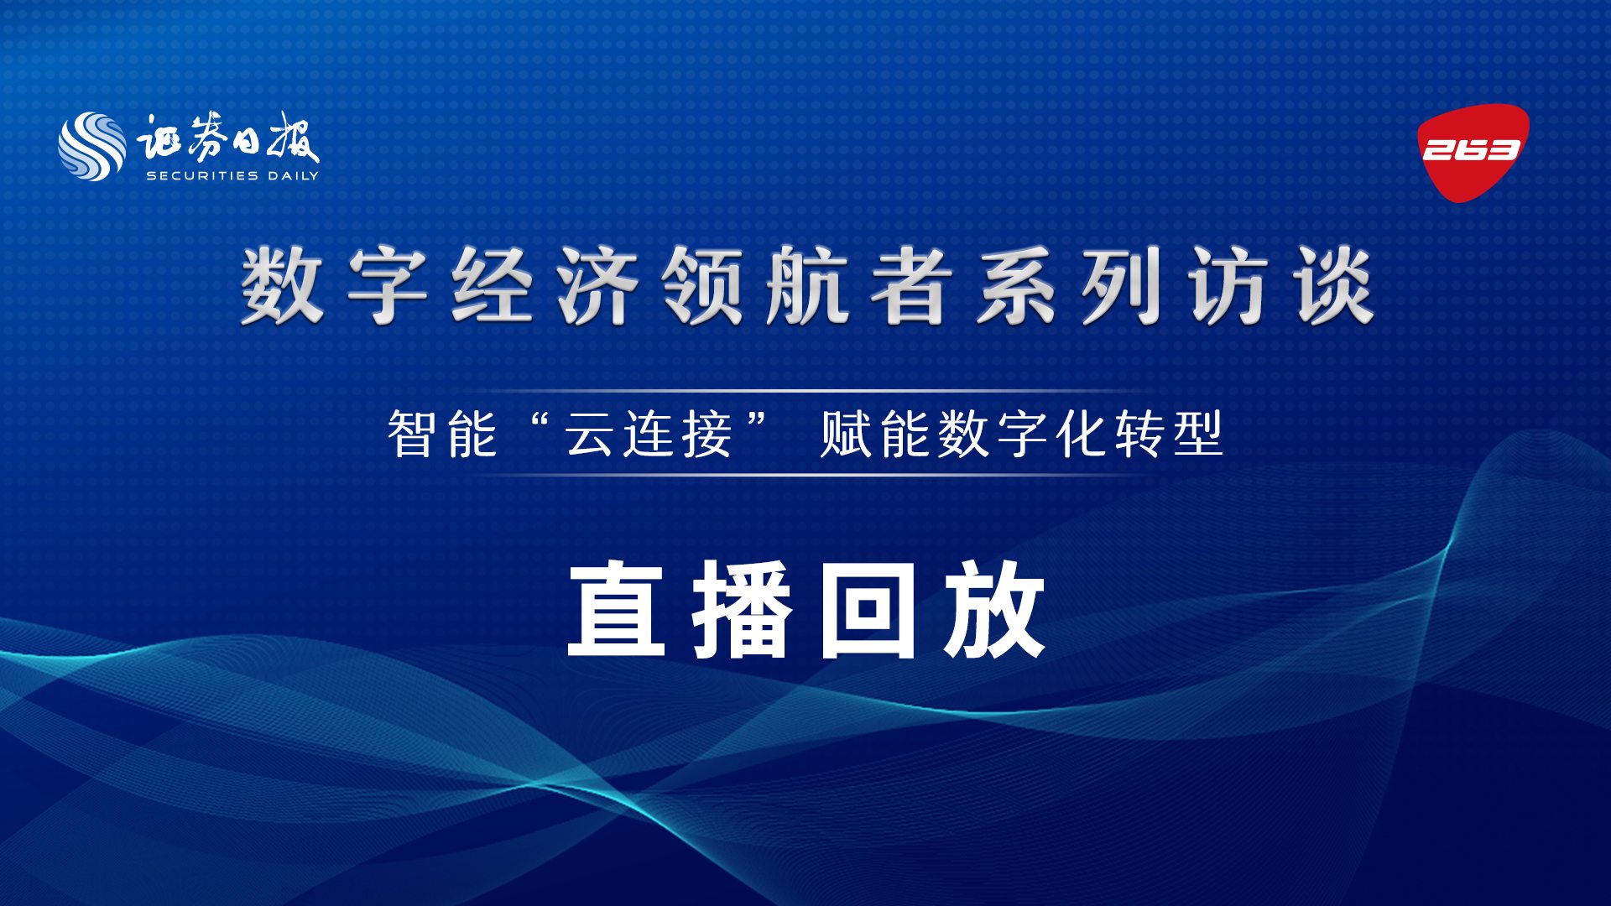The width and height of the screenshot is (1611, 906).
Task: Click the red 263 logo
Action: (1473, 151)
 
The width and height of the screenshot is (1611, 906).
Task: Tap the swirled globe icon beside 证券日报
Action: (92, 147)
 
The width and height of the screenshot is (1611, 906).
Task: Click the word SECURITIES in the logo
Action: (202, 175)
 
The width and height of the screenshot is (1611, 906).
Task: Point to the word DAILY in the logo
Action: (294, 175)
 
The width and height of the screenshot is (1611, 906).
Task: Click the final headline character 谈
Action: (1333, 286)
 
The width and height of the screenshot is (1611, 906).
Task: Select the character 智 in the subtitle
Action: (411, 434)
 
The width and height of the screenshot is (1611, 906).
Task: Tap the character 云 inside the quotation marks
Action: (590, 434)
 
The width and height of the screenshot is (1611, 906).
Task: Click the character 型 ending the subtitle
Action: (1198, 434)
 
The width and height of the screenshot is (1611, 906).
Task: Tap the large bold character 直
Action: (617, 609)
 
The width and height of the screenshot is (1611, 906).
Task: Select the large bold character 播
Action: (742, 609)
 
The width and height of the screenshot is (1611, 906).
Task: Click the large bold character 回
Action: (868, 609)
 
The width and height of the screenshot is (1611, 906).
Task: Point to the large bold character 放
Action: (993, 609)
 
